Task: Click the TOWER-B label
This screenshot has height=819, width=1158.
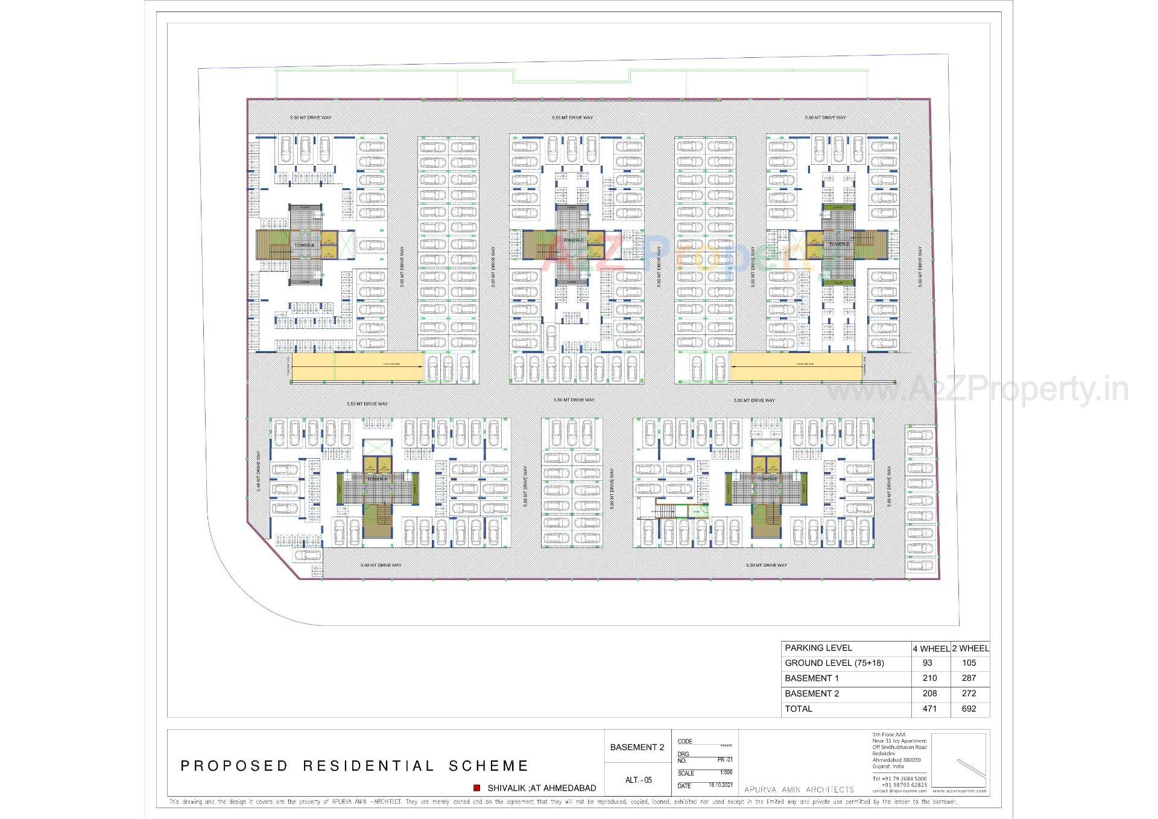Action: tap(304, 245)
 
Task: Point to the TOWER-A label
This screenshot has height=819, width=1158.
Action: tap(378, 479)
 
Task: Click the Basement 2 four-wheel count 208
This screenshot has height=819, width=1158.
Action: tap(929, 693)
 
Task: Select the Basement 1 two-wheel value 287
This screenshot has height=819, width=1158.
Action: tap(969, 678)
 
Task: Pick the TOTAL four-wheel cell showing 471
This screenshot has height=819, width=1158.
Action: tap(929, 709)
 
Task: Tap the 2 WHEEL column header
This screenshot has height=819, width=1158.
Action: tap(970, 648)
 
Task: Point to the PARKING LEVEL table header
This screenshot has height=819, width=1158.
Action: tap(818, 648)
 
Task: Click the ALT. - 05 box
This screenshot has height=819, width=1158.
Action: tap(638, 780)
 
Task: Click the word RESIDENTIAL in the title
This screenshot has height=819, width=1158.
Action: tap(368, 766)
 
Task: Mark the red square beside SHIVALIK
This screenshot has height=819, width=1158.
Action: tap(476, 788)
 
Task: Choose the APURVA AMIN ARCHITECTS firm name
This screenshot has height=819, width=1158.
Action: tap(799, 789)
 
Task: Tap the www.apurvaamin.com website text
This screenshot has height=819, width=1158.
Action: tap(959, 791)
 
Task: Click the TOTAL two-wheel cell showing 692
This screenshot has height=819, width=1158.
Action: tap(969, 709)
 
